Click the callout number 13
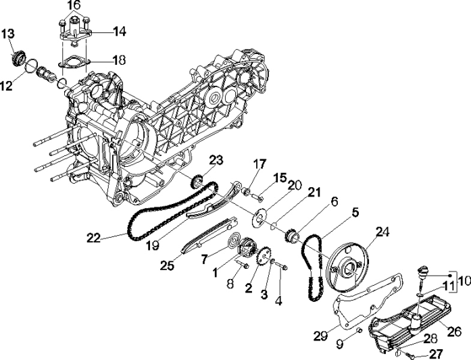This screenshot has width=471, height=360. click(x=7, y=34)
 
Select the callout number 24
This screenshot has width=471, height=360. click(x=382, y=231)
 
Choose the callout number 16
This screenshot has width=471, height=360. click(x=73, y=5)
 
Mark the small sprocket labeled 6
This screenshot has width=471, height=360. click(x=293, y=236)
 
